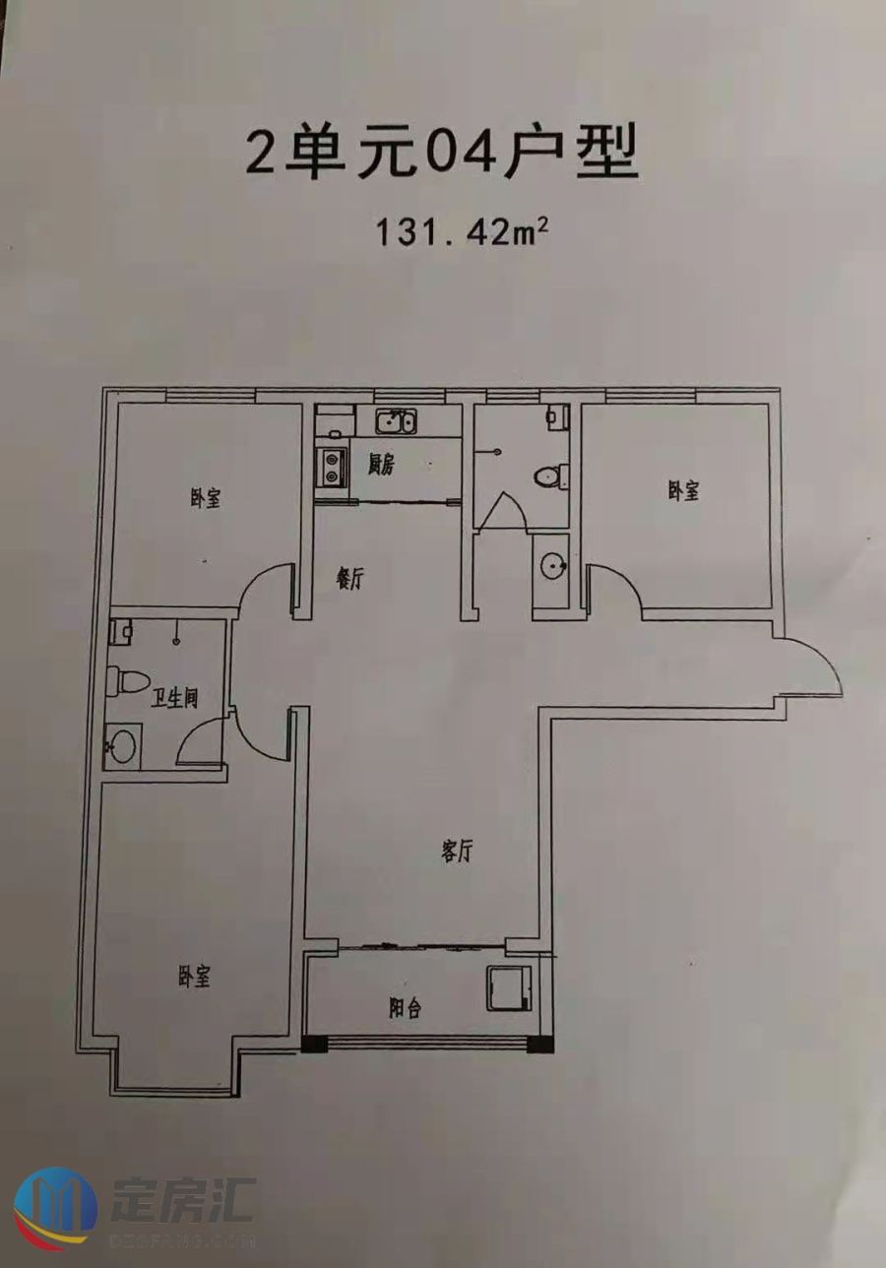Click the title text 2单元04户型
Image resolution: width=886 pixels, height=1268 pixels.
pos(442,154)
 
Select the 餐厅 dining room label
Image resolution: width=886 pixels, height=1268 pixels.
pos(350,581)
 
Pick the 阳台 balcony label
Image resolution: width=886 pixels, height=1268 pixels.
pos(405,1008)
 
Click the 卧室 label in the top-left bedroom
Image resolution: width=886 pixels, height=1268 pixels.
pos(205,499)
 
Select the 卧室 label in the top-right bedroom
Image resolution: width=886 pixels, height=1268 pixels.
pos(682,490)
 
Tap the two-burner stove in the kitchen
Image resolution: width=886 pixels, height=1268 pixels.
pos(330,466)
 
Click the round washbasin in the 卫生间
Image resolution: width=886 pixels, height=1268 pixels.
pos(122,747)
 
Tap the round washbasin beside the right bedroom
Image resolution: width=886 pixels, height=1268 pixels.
pos(551,564)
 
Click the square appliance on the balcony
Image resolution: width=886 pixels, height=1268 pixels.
pos(508,987)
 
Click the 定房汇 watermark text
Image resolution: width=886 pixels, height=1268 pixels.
pos(184,1201)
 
